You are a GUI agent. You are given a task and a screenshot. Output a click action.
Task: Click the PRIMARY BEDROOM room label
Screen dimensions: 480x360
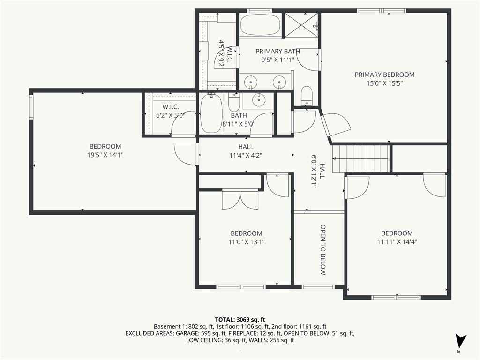pyautogui.click(x=384, y=75)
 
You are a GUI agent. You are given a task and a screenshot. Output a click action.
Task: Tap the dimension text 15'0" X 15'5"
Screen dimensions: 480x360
pyautogui.click(x=384, y=83)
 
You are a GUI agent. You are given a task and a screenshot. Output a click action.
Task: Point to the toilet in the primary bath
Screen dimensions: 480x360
pyautogui.click(x=307, y=96)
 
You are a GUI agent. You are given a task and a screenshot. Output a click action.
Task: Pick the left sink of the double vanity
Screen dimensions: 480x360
pyautogui.click(x=251, y=82)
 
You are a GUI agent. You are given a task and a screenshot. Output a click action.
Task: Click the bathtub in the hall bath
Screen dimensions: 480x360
pyautogui.click(x=211, y=113)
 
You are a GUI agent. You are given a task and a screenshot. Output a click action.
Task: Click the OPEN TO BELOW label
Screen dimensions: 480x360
pyautogui.click(x=323, y=250)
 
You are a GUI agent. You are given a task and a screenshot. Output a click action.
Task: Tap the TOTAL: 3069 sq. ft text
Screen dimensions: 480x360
pyautogui.click(x=240, y=320)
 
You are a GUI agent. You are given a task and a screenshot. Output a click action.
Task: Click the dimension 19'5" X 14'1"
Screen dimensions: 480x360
pyautogui.click(x=105, y=155)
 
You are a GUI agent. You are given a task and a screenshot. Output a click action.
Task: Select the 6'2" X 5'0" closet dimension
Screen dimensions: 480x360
pyautogui.click(x=171, y=115)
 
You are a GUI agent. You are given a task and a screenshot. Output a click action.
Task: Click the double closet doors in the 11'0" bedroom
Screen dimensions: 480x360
pyautogui.click(x=240, y=199)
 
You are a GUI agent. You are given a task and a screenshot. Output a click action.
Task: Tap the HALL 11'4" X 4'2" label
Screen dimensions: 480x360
pyautogui.click(x=246, y=151)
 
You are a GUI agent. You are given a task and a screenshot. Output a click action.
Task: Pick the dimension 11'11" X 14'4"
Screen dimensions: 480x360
pyautogui.click(x=397, y=242)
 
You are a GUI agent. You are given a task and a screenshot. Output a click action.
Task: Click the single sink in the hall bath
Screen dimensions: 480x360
pyautogui.click(x=259, y=99)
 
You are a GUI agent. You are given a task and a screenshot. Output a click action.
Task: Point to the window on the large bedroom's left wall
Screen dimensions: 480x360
pyautogui.click(x=31, y=107)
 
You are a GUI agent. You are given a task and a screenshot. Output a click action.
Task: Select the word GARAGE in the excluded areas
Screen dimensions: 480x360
pyautogui.click(x=187, y=333)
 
